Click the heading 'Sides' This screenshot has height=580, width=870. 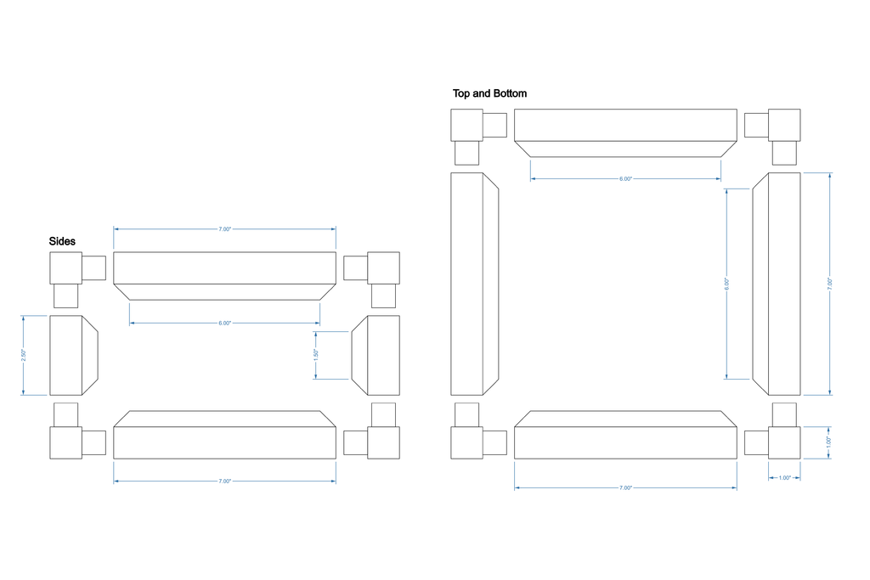click(62, 242)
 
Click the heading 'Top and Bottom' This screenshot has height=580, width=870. click(489, 93)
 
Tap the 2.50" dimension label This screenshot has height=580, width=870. click(24, 355)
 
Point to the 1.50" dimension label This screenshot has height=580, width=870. click(316, 355)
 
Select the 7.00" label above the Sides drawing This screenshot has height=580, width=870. click(224, 229)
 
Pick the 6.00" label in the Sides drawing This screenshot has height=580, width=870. click(224, 324)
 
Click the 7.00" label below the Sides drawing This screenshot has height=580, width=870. click(224, 481)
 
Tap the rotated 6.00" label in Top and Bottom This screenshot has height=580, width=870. click(726, 284)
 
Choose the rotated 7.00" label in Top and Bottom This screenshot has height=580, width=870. click(830, 284)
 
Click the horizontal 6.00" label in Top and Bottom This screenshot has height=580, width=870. click(625, 179)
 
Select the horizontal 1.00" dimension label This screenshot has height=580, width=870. click(784, 477)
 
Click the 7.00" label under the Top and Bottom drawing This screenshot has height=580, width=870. click(625, 488)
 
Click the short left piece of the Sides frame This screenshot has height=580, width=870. click(71, 355)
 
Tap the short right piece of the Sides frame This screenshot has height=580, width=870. click(377, 355)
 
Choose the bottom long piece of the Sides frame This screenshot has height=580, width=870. click(224, 438)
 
